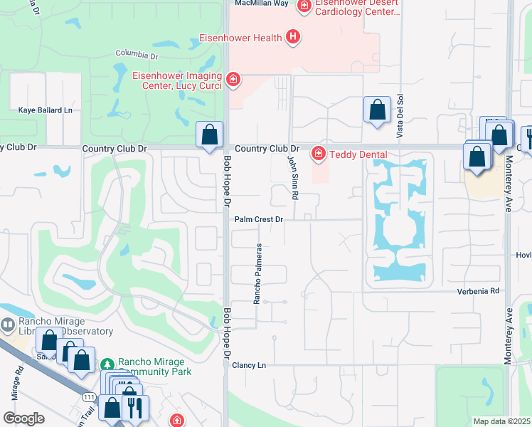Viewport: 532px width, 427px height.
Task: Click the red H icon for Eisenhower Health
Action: click(292, 37)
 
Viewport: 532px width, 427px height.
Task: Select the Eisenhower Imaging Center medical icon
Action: click(233, 79)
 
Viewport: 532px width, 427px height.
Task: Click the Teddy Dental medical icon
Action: click(319, 154)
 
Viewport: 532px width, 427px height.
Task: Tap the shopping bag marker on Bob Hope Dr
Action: click(210, 135)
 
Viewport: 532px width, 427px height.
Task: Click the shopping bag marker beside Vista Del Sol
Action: click(377, 110)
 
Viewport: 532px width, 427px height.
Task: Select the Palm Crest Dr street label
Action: click(260, 220)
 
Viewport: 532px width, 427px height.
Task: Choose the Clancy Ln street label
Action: click(249, 365)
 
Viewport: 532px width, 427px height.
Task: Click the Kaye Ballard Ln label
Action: click(46, 110)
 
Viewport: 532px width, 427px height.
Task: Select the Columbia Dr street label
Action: click(137, 55)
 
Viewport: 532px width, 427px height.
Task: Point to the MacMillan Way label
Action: click(262, 4)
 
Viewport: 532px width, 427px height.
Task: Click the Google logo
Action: click(24, 418)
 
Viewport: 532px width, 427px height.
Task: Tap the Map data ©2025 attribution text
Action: click(501, 421)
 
